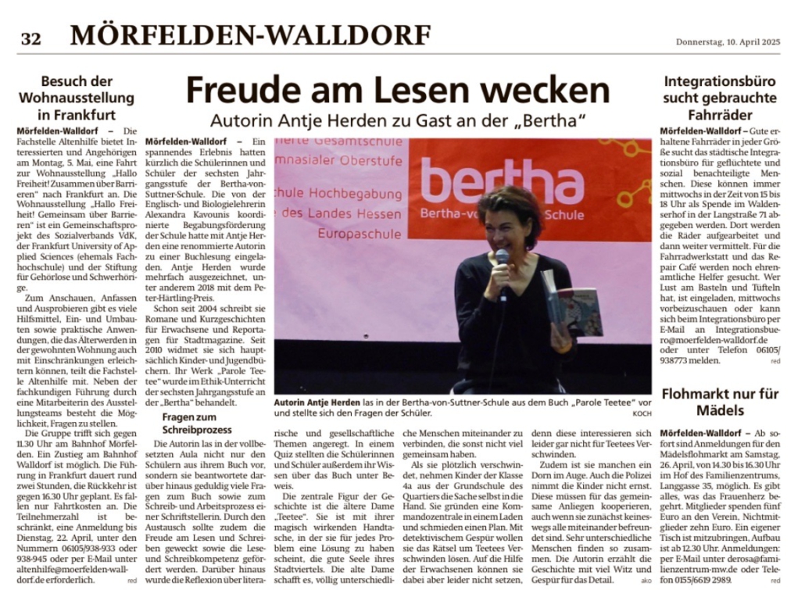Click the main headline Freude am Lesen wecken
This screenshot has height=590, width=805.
coord(397,91)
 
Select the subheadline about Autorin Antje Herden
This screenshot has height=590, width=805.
coord(399,122)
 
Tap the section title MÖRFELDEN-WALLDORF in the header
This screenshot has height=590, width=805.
coord(250,35)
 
